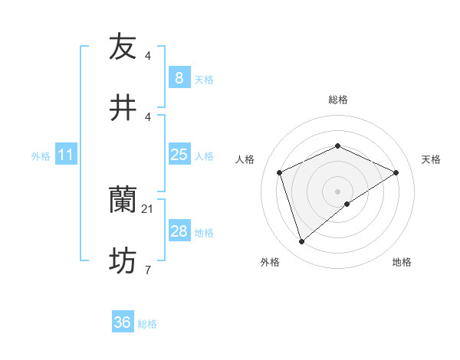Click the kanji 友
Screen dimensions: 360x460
123,47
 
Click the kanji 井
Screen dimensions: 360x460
123,108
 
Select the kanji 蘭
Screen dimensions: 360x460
123,201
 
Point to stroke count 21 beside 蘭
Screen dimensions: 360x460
147,208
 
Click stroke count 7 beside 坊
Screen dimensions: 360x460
147,270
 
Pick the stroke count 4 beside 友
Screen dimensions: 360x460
147,55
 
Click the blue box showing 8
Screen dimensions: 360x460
179,78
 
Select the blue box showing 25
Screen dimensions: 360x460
179,155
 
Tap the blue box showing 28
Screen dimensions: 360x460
179,231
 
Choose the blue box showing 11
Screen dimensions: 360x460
66,155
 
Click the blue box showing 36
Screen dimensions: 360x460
123,322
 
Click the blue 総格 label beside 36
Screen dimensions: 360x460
147,324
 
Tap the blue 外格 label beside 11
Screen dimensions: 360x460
41,155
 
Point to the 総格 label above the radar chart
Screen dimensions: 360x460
337,100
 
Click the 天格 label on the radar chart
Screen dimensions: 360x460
432,159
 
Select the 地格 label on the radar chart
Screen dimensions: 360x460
402,262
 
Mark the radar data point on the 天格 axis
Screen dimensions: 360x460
396,172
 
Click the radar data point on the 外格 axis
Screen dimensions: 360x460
301,242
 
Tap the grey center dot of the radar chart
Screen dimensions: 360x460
338,191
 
